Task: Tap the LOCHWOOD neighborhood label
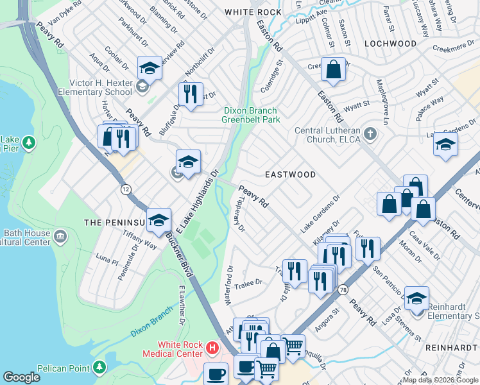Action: (x=390, y=44)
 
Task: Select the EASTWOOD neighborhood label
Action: (x=291, y=175)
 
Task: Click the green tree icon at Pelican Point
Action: (x=99, y=366)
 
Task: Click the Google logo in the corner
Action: (x=21, y=377)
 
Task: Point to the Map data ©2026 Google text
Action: (x=440, y=380)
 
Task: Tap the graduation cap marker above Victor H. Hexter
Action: (x=150, y=67)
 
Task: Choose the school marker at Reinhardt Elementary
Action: (x=417, y=298)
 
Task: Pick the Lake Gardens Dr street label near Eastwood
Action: (x=319, y=215)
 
